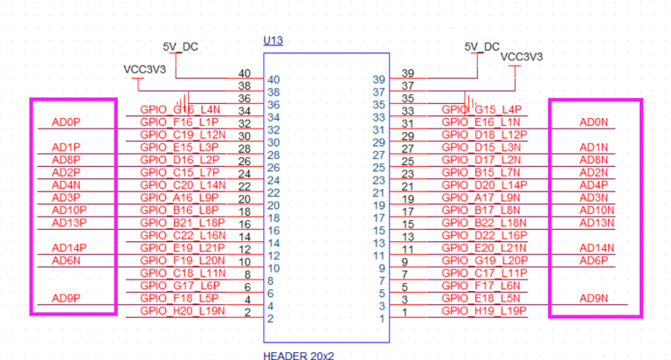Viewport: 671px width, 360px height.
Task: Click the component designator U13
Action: click(x=273, y=41)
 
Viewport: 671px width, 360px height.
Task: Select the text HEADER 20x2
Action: click(x=298, y=355)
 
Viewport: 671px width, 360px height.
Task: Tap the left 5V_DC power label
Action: click(x=181, y=46)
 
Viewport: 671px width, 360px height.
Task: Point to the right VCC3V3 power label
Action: click(x=522, y=56)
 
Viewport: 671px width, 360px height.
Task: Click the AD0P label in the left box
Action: click(x=66, y=122)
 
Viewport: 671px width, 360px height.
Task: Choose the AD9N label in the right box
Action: click(x=594, y=298)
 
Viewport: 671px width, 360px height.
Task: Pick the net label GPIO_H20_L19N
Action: click(x=183, y=310)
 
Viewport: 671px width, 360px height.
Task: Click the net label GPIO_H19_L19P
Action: click(x=484, y=310)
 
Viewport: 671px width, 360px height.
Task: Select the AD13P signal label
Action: click(x=69, y=223)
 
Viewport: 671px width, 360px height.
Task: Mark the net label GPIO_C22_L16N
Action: click(x=183, y=235)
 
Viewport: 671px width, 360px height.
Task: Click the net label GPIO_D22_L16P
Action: click(x=484, y=235)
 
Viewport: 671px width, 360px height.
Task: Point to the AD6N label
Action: click(x=66, y=260)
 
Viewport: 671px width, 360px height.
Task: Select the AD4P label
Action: click(x=593, y=185)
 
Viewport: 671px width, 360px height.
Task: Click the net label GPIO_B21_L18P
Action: click(x=183, y=223)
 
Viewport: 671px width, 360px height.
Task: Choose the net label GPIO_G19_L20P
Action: click(x=484, y=260)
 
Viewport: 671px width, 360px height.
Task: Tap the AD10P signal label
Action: click(x=69, y=211)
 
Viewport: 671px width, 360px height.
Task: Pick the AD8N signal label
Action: click(x=593, y=160)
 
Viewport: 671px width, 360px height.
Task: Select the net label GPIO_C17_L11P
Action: click(x=484, y=273)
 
